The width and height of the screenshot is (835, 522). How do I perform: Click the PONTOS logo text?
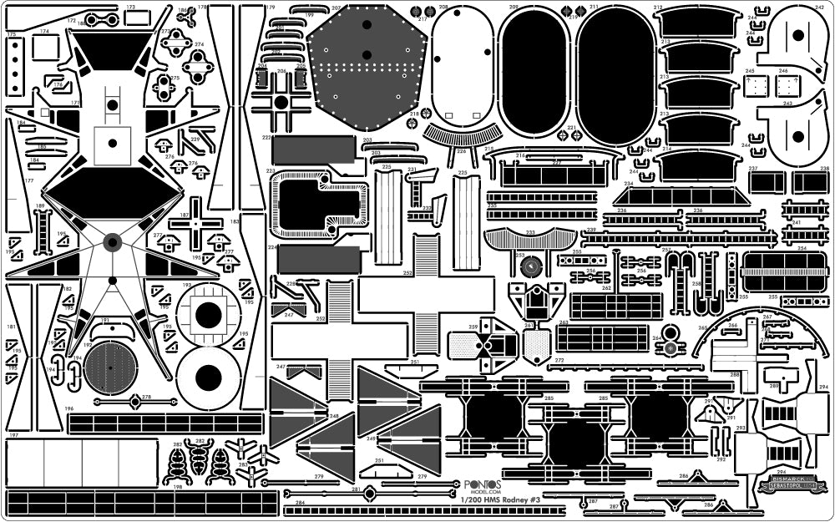point(483,484)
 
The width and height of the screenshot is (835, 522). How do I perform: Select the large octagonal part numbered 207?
point(367,67)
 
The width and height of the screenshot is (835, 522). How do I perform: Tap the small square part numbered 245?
point(756,87)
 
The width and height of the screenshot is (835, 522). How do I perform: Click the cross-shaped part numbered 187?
point(195,223)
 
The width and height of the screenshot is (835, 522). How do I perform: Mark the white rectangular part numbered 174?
point(45,48)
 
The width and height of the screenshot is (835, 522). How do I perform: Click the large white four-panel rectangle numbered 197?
point(58,464)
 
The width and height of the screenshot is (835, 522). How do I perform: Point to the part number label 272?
point(559,361)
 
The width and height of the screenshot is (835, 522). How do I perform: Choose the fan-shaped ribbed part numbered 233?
point(530,237)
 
